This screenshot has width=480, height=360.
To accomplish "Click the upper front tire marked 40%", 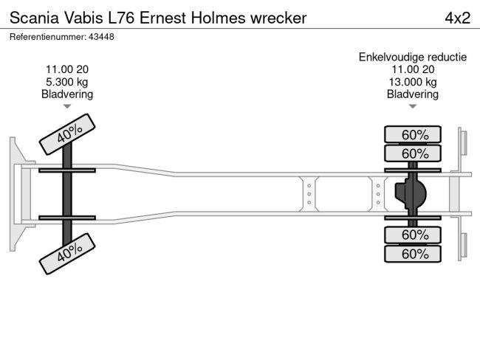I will tap(68, 134).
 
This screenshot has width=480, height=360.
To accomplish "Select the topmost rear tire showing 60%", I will tap(413, 134).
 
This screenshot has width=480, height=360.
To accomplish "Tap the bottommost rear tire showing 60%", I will tap(413, 254).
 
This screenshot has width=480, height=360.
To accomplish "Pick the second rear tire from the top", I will tap(413, 153).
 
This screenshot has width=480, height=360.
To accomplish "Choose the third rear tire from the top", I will tap(413, 235).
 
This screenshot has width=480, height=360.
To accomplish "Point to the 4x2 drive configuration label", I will tap(457, 18).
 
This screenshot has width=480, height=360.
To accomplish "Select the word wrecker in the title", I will tap(278, 18).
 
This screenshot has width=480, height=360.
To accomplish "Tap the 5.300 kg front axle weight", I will tap(67, 82).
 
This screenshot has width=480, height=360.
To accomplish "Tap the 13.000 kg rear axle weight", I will tap(413, 82).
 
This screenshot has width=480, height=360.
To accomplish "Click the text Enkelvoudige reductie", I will tap(413, 57).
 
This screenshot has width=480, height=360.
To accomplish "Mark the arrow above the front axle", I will tap(67, 107).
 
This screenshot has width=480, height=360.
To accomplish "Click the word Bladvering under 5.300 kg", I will tap(67, 94).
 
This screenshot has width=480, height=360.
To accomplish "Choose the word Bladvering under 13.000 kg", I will tap(413, 94).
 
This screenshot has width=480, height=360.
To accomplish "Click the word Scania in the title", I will tap(32, 18).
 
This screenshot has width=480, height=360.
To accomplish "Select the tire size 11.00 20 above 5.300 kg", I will tap(67, 69).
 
